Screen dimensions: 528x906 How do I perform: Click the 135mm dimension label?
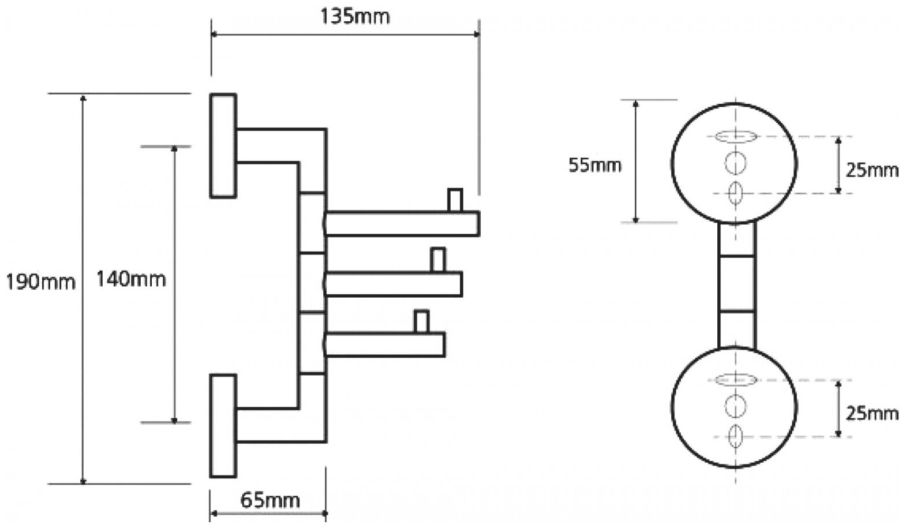[x=355, y=16]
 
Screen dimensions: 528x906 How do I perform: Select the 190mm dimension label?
[x=40, y=282]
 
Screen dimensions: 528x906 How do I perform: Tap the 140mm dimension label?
[x=131, y=279]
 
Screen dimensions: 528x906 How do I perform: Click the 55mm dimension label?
[x=595, y=166]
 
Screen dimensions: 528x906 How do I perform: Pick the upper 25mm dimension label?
[x=872, y=170]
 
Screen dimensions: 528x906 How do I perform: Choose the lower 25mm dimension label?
[x=872, y=413]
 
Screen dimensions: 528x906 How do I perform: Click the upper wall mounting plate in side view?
[x=223, y=145]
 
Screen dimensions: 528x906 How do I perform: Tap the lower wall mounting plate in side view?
[x=223, y=426]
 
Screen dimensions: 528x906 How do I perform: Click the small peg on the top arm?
[x=455, y=200]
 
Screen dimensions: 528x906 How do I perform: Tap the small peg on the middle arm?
[x=438, y=259]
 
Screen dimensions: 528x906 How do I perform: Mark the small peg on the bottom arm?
[x=421, y=321]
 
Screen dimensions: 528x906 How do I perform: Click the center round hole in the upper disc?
[x=736, y=164]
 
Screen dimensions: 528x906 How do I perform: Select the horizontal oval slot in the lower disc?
[x=735, y=380]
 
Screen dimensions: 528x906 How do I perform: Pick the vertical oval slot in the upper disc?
[x=736, y=193]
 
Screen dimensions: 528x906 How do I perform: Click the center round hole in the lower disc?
[x=736, y=407]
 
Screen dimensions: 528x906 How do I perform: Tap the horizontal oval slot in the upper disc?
[x=735, y=137]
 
